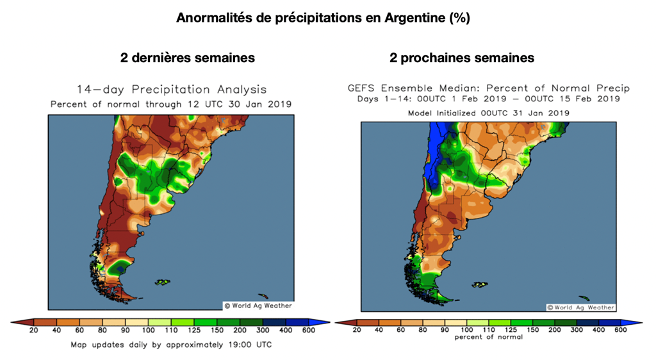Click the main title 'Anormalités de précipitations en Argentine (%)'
(x=323, y=18)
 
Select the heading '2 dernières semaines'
(x=187, y=58)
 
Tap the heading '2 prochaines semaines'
(x=461, y=58)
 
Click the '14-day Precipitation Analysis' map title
(x=171, y=90)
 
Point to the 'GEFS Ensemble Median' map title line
(x=488, y=88)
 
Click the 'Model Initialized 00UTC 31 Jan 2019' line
(x=488, y=113)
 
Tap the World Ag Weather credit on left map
(x=258, y=306)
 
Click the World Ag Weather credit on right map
(x=580, y=307)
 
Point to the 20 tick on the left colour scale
(x=34, y=331)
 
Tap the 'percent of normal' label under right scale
(x=488, y=337)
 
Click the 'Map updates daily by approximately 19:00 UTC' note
(x=171, y=345)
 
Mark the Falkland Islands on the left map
(x=162, y=282)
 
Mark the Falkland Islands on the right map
(x=479, y=285)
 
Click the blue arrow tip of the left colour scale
(x=325, y=322)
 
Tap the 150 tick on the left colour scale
(x=218, y=331)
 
